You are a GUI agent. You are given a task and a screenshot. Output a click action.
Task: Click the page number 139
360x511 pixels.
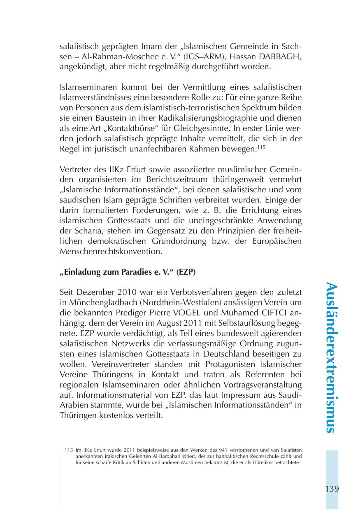[332, 489]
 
